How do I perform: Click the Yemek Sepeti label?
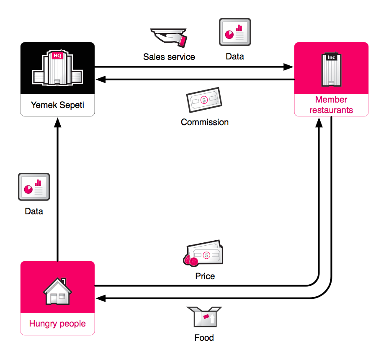(57, 105)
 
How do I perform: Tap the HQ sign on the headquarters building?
(57, 56)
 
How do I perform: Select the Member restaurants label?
(331, 105)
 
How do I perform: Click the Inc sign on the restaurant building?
(331, 57)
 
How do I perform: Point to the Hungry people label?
(57, 324)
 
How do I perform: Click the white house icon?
(57, 291)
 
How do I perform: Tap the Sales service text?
(169, 57)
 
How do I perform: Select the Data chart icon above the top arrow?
(235, 32)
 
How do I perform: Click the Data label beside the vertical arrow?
(34, 211)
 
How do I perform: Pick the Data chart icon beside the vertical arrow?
(34, 187)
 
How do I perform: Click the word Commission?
(205, 122)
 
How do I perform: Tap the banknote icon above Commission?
(204, 100)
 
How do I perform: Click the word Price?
(205, 276)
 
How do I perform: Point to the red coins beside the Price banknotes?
(190, 261)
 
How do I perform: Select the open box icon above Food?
(204, 317)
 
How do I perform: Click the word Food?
(204, 338)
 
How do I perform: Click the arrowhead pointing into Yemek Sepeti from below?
(58, 122)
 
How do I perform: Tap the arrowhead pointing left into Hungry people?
(100, 298)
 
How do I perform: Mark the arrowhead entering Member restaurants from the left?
(288, 67)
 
